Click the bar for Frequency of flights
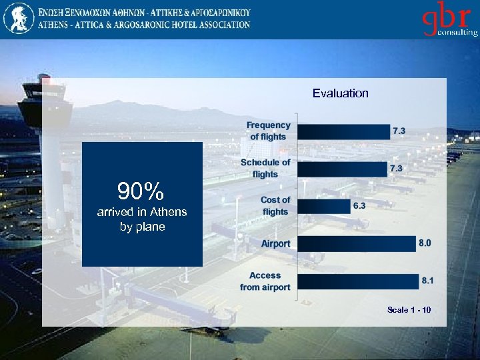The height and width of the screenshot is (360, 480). [343, 131]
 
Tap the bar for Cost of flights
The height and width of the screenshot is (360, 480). [323, 207]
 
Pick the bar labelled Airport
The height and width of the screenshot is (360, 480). [356, 244]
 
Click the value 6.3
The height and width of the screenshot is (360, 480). [359, 206]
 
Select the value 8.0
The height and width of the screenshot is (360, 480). [425, 243]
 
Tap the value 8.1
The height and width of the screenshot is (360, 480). [427, 281]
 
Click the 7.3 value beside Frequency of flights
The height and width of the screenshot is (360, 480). [399, 131]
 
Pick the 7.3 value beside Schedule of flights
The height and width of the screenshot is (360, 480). [396, 169]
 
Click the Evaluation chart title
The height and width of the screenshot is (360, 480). [340, 93]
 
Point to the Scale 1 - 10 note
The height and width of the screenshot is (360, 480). [409, 310]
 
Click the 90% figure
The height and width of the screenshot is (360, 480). [141, 192]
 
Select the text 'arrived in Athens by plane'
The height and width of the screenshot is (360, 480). [141, 219]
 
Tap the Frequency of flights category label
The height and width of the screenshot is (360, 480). [268, 131]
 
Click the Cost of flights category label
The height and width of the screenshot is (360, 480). [275, 206]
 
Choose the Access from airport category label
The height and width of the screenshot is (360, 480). [265, 281]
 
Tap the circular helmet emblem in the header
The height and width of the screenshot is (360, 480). [18, 19]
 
